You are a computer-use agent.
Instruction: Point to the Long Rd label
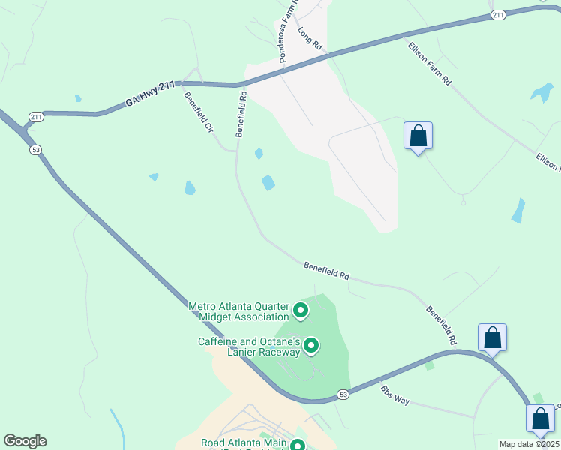pyautogui.click(x=310, y=38)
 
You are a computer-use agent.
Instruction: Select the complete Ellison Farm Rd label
pyautogui.click(x=429, y=63)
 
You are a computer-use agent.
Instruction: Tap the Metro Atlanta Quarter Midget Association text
pyautogui.click(x=238, y=311)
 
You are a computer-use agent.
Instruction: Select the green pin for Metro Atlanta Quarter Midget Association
pyautogui.click(x=301, y=310)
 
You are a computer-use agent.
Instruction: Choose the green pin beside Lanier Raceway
pyautogui.click(x=311, y=346)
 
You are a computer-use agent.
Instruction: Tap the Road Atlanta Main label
pyautogui.click(x=243, y=443)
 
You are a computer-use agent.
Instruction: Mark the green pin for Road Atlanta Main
pyautogui.click(x=298, y=445)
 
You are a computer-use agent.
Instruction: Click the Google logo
pyautogui.click(x=25, y=441)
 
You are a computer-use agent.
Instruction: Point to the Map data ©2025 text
pyautogui.click(x=528, y=444)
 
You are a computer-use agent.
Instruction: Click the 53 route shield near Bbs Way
pyautogui.click(x=343, y=394)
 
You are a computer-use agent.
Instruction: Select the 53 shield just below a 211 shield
pyautogui.click(x=35, y=150)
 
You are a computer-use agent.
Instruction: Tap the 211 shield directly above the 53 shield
pyautogui.click(x=36, y=116)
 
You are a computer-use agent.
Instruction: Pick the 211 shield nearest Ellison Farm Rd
pyautogui.click(x=498, y=14)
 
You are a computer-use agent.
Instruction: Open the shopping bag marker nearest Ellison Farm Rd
pyautogui.click(x=418, y=136)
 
